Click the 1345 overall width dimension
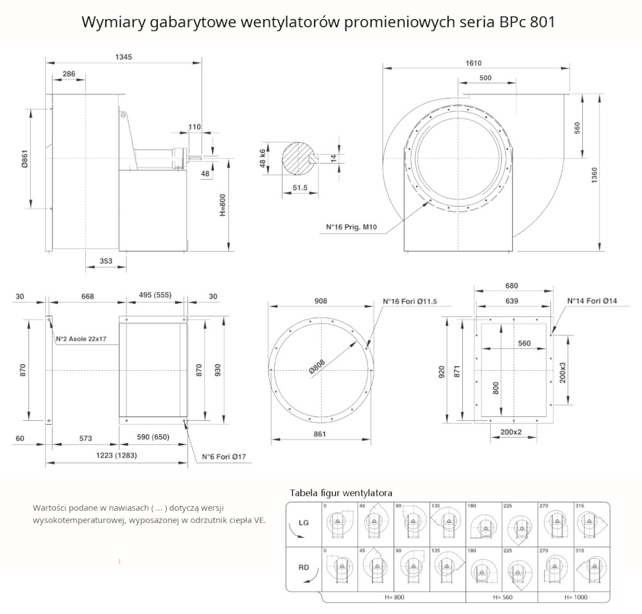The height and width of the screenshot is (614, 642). (123, 57)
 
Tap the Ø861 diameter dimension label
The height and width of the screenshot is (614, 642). (24, 159)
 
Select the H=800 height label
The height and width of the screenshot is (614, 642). (222, 205)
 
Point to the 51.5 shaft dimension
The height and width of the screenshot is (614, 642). (300, 188)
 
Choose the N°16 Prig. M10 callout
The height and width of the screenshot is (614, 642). (351, 227)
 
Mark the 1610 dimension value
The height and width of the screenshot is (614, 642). (473, 63)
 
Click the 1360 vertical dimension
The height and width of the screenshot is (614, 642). (594, 175)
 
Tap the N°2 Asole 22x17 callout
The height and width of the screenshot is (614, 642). (81, 339)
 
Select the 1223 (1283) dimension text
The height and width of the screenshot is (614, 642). (116, 456)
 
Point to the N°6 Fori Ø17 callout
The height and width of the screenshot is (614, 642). (224, 457)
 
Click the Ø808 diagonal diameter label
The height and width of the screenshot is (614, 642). (317, 366)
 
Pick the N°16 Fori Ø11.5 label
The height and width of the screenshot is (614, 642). (410, 302)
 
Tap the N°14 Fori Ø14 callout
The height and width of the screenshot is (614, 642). (592, 301)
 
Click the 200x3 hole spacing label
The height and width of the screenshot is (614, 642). (562, 372)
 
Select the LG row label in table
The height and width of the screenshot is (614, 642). (304, 522)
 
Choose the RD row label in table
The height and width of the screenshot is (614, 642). (304, 567)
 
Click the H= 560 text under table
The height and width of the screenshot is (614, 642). (503, 597)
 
